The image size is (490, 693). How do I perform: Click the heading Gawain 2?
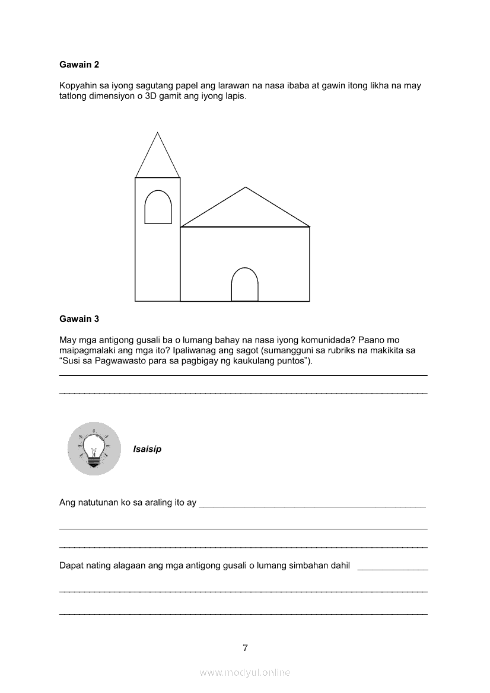tap(79, 64)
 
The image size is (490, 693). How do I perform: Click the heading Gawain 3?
tap(79, 319)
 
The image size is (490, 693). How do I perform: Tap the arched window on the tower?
tap(158, 207)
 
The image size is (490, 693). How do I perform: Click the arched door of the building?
tap(244, 285)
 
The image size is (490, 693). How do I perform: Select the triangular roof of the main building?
tap(245, 210)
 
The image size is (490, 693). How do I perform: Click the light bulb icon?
tap(94, 449)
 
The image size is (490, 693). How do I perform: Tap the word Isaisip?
tap(147, 449)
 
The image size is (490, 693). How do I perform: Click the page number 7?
tap(245, 647)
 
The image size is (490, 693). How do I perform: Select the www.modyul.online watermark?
tap(245, 672)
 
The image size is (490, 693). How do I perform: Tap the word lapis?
tap(234, 97)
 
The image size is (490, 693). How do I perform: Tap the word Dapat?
tap(71, 566)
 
